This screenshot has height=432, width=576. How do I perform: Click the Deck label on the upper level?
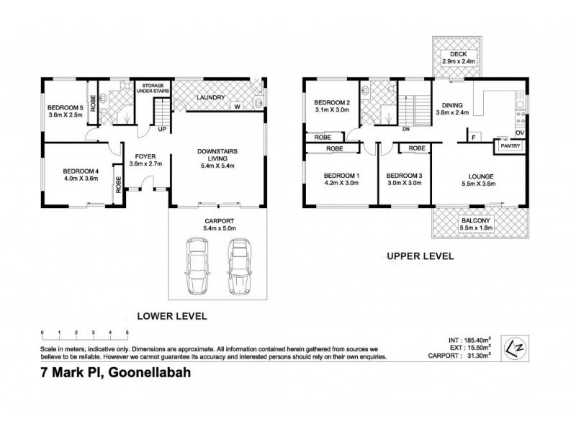coord(459,54)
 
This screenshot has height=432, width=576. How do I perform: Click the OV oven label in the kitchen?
coord(519,132)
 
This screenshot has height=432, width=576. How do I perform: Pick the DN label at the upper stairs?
coord(405,130)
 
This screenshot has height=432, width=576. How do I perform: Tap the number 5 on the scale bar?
coord(127,332)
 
